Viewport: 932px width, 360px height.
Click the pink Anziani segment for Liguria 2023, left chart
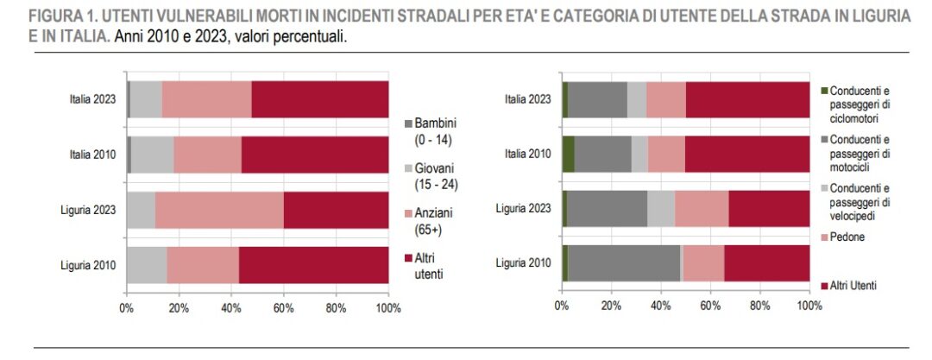click(x=219, y=209)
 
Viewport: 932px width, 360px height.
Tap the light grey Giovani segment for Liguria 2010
click(x=147, y=264)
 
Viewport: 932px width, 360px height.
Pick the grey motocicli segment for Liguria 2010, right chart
click(x=624, y=263)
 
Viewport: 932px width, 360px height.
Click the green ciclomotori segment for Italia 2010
click(x=568, y=154)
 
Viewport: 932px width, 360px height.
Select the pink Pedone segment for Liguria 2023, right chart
click(x=702, y=209)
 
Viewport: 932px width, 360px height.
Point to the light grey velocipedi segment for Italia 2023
click(x=637, y=99)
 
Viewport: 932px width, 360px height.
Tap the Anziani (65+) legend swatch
click(x=408, y=212)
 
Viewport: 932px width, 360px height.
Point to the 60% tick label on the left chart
click(x=283, y=307)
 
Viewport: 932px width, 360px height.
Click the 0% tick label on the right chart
click(x=562, y=306)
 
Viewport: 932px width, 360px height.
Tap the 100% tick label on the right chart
click(x=809, y=306)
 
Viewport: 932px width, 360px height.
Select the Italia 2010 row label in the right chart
click(x=527, y=155)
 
